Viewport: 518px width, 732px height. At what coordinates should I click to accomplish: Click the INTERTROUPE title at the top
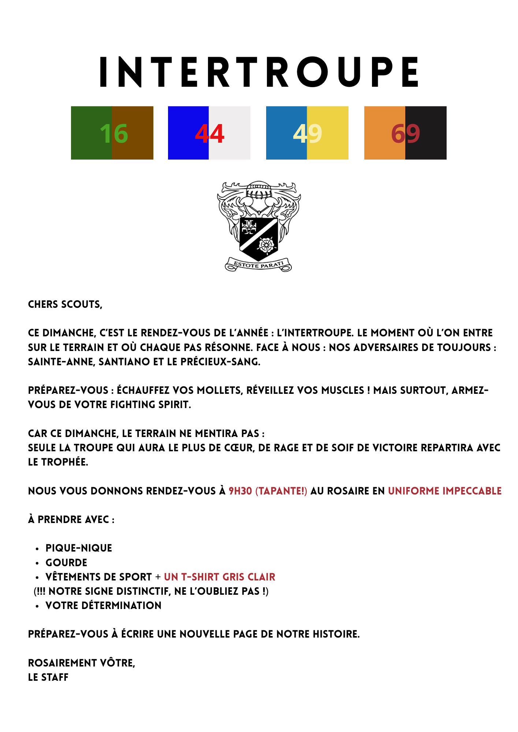(259, 72)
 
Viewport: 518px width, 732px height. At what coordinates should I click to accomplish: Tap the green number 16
(114, 133)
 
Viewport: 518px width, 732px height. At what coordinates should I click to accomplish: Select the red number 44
(209, 133)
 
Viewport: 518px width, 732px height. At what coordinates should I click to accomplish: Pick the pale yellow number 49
(308, 133)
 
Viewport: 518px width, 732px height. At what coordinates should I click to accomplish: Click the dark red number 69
(405, 133)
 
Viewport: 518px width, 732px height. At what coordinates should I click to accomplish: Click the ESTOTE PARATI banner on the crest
(258, 265)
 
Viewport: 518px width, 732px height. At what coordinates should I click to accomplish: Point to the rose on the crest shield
(266, 244)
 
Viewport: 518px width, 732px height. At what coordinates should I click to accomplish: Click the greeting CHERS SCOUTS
(65, 305)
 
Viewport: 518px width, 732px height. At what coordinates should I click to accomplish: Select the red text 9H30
(240, 491)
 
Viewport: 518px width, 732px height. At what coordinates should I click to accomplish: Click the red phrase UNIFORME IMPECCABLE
(444, 491)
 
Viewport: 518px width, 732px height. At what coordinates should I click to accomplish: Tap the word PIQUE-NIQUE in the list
(79, 548)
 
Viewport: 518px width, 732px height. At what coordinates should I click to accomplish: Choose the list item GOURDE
(66, 563)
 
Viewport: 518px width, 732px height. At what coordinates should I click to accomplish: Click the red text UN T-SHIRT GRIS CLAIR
(219, 577)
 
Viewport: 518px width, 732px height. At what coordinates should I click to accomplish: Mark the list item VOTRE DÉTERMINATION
(103, 605)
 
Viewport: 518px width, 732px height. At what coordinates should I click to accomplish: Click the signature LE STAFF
(48, 677)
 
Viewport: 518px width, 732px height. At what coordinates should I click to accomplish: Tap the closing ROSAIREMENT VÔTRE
(82, 663)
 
